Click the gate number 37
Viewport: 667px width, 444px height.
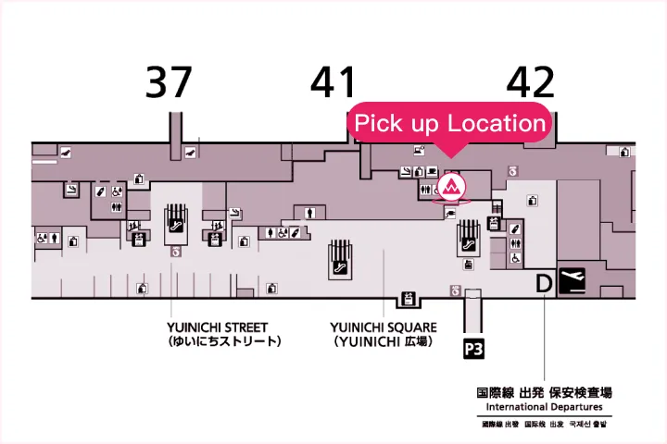[169, 82]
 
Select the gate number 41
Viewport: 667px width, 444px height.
[333, 82]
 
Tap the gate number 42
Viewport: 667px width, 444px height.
[530, 82]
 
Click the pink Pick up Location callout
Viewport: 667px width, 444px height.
[450, 123]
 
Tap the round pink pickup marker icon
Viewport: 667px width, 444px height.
[453, 187]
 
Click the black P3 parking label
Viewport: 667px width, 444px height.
[474, 348]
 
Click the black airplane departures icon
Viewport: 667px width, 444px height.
[573, 280]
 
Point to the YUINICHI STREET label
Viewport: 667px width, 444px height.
[218, 327]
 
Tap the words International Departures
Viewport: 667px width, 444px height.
[544, 407]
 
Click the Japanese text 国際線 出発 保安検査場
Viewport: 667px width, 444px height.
[544, 392]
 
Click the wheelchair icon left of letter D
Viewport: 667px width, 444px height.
[516, 259]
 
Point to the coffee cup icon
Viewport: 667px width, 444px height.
[433, 171]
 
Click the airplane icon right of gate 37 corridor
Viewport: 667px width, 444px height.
[191, 151]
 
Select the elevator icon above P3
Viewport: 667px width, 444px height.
[456, 290]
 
